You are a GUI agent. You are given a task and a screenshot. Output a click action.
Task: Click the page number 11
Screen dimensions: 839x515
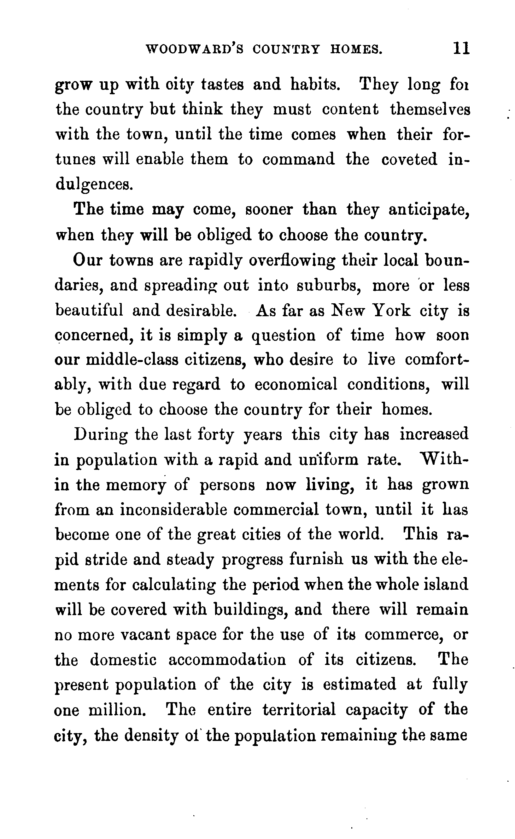tap(461, 49)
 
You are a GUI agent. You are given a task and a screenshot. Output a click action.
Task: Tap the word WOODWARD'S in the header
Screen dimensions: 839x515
tap(195, 50)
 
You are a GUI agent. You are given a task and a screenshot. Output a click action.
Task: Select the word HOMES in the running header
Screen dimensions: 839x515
tap(356, 50)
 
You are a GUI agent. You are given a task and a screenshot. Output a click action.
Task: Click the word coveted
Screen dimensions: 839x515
tap(409, 159)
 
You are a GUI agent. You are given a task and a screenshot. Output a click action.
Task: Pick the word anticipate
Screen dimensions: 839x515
tap(429, 209)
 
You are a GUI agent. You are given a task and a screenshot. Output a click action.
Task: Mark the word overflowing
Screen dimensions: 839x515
tap(292, 260)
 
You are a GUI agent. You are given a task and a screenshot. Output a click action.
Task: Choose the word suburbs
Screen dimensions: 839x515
tap(329, 285)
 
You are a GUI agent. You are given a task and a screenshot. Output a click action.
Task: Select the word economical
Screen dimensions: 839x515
tap(296, 385)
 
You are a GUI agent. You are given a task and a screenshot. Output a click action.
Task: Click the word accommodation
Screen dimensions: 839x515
tap(227, 660)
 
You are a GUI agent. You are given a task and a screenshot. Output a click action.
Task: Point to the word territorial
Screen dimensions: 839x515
tap(299, 710)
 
